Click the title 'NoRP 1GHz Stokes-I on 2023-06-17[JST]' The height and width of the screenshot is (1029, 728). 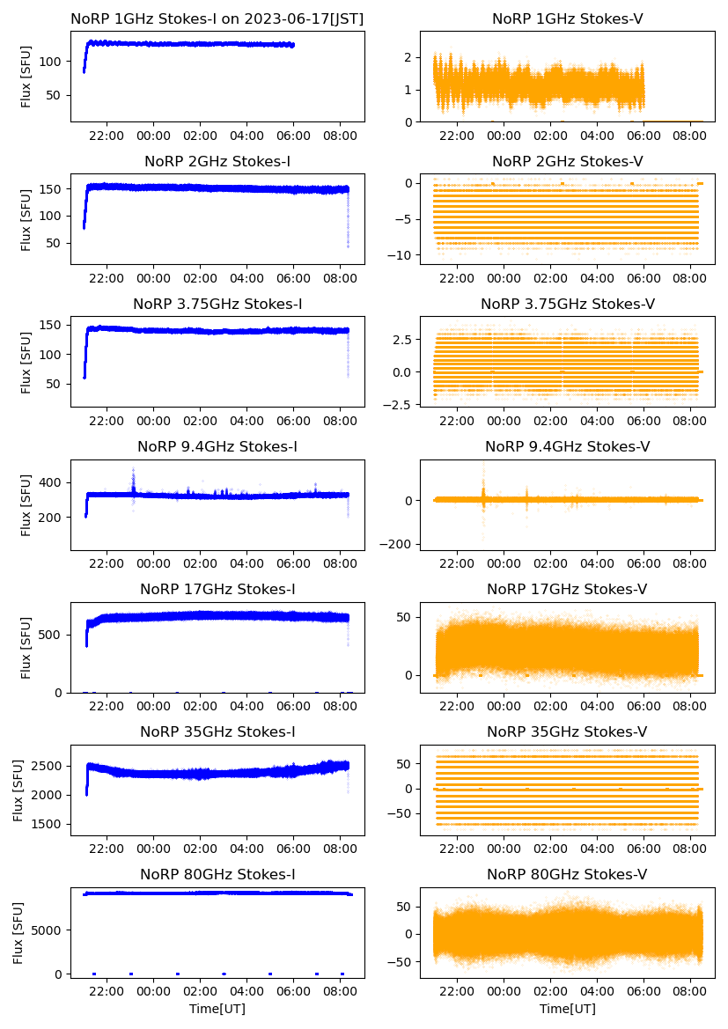[x=217, y=18]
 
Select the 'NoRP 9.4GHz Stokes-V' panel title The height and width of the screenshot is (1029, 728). [x=567, y=447]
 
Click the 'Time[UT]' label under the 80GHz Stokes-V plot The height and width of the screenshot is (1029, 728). [x=567, y=1008]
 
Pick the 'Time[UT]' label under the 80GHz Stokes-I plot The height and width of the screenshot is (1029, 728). [x=217, y=1008]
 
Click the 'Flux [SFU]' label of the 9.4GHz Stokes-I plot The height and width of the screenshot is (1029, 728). [x=26, y=504]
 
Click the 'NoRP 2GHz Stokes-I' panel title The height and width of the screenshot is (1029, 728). [x=217, y=161]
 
